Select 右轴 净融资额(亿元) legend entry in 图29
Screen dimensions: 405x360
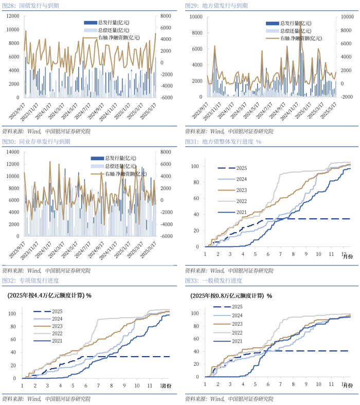coord(301,38)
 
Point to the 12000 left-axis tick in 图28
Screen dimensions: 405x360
coord(13,16)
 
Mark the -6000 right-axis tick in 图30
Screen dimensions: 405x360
coord(166,236)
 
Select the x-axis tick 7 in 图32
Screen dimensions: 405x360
coord(98,385)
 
